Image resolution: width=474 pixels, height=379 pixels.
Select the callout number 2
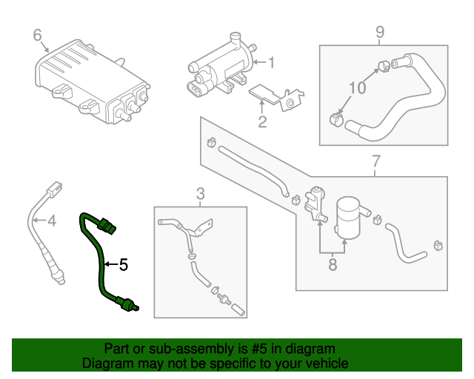[x=262, y=121]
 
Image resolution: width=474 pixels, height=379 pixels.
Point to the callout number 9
[x=380, y=32]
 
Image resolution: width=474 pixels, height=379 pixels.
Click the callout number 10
[x=357, y=87]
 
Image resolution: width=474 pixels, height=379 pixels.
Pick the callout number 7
[x=375, y=161]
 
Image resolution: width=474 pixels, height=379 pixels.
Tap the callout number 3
[x=200, y=194]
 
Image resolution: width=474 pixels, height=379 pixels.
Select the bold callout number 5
[x=123, y=263]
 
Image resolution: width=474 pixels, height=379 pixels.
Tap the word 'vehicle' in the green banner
[x=326, y=363]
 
